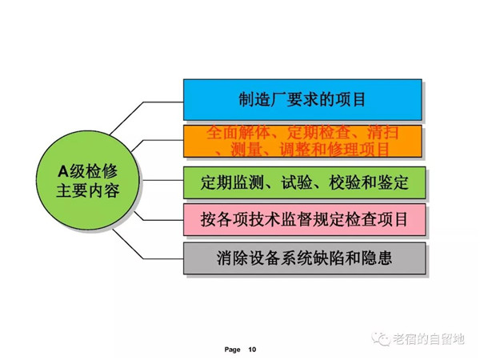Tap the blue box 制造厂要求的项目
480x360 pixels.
point(302,100)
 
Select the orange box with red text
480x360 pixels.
point(302,141)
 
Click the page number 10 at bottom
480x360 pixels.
point(253,350)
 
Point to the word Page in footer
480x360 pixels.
point(232,350)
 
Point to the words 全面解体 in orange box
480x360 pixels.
point(232,132)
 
